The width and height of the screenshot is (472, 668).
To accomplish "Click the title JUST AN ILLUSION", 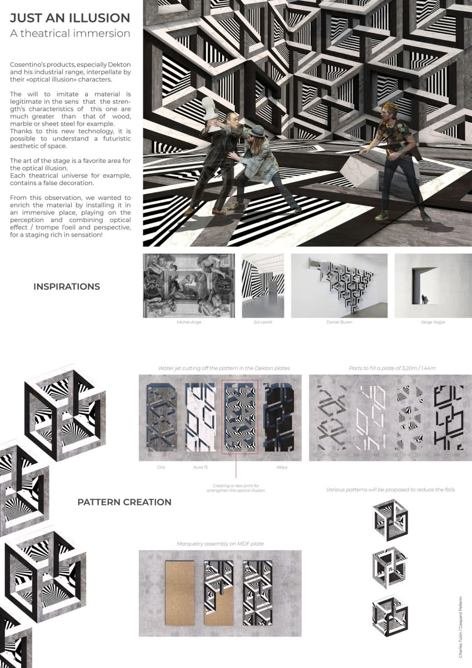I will (x=70, y=18).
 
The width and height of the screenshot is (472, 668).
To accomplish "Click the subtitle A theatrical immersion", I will (x=70, y=33).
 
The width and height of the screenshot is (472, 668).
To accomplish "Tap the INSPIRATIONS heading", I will (x=67, y=287).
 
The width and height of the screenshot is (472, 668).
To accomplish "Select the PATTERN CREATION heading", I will (x=124, y=502).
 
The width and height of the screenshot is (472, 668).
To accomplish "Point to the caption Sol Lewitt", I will (x=263, y=322).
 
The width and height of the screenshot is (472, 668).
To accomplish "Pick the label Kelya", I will (x=282, y=468).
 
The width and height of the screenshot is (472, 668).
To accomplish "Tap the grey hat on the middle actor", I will (x=257, y=131).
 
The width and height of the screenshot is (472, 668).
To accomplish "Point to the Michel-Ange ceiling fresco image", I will (x=189, y=285).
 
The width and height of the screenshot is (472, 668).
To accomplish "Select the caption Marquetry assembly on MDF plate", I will (x=220, y=544).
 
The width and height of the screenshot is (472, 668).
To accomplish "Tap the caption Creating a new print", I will (x=236, y=485).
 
